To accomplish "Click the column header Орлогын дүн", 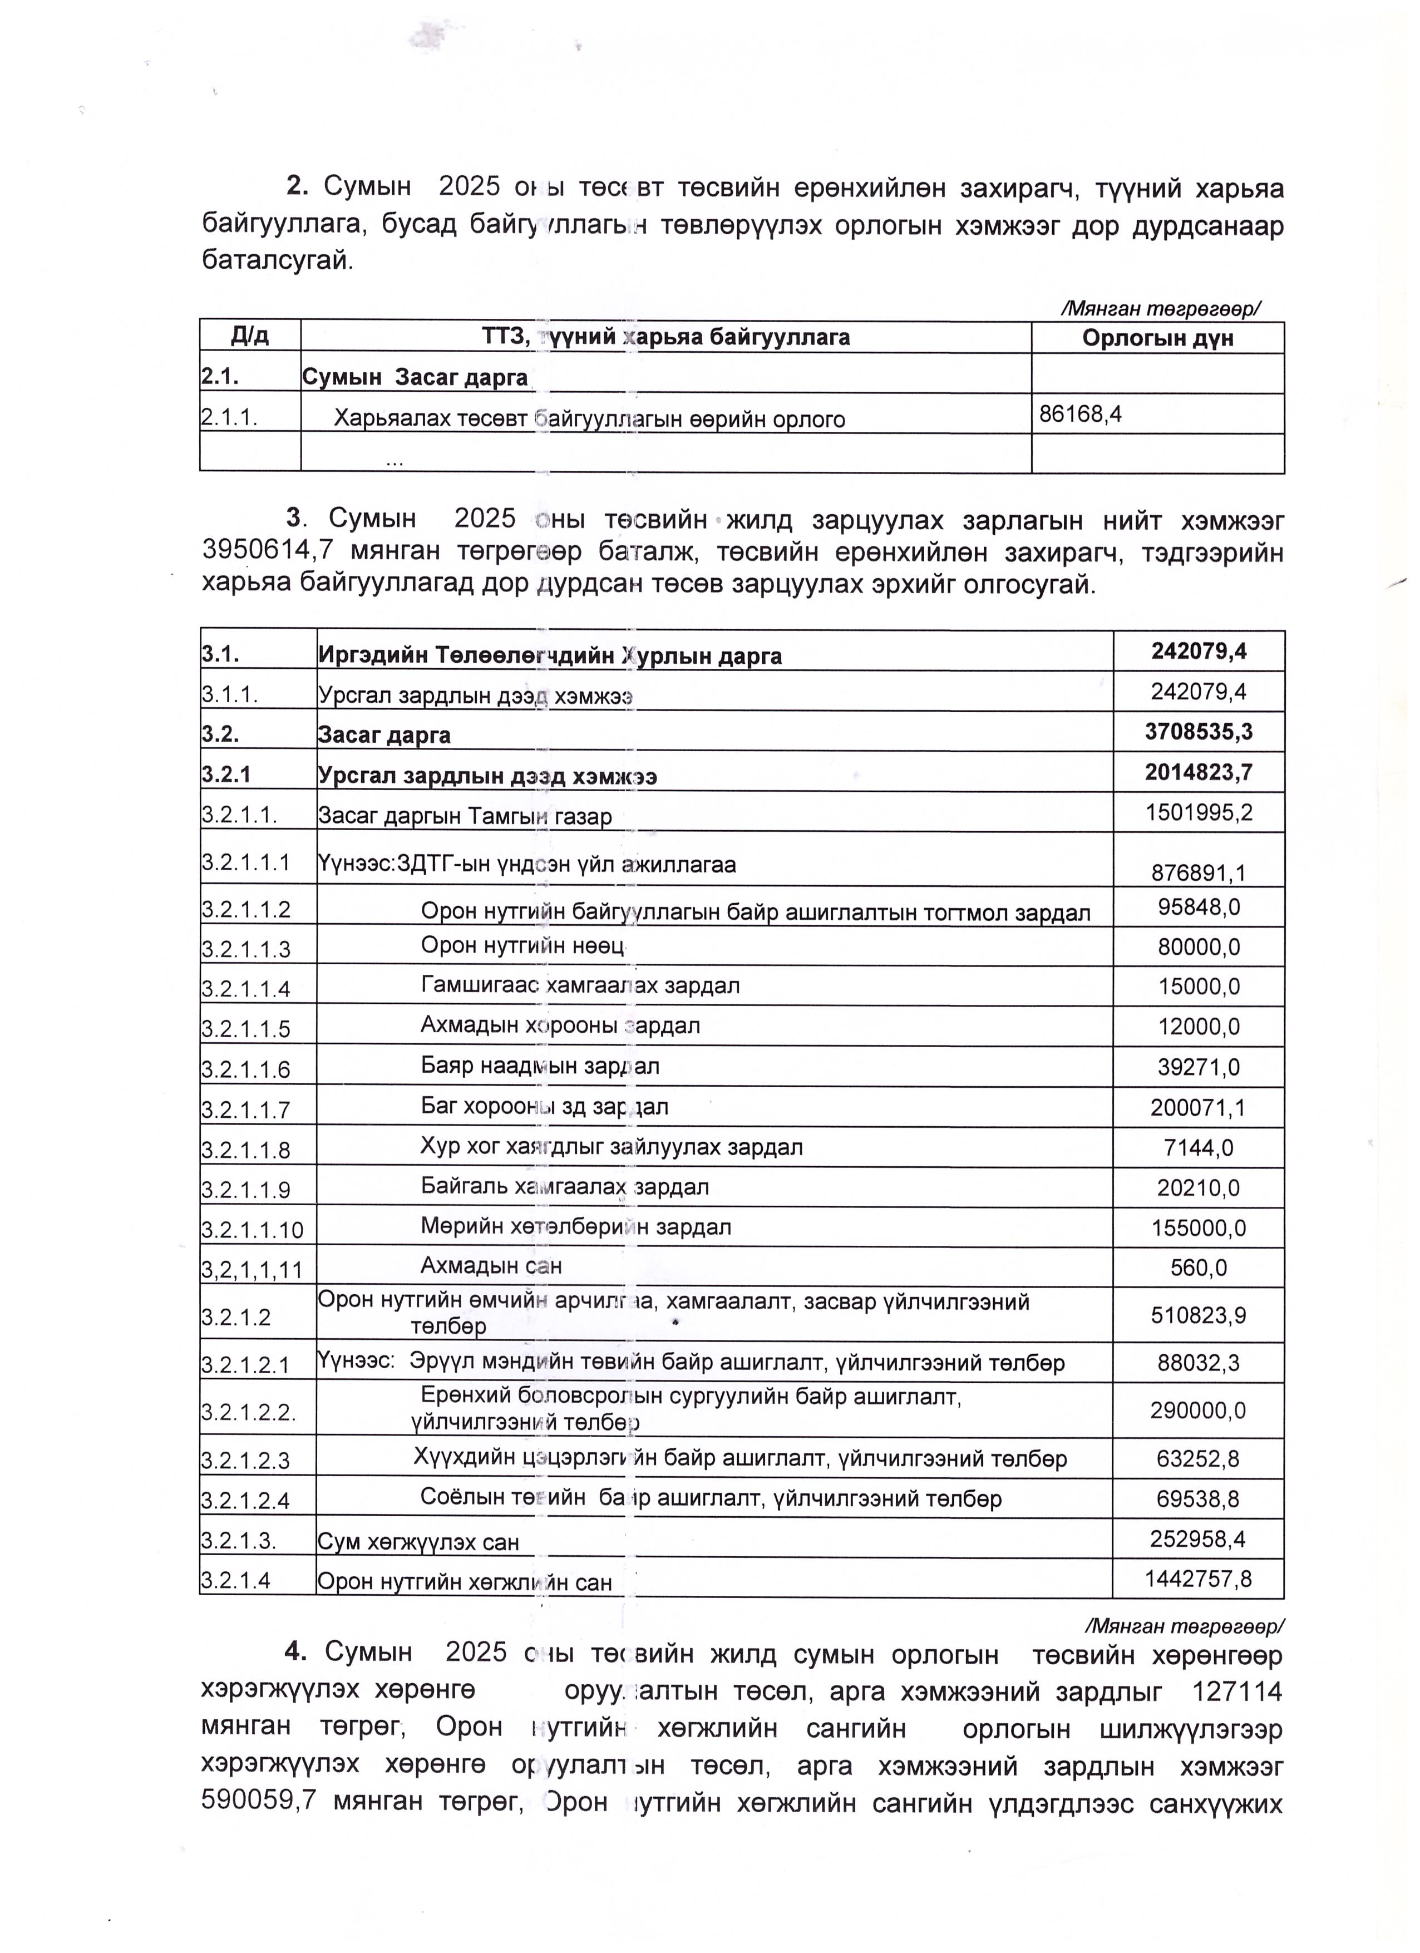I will [1157, 338].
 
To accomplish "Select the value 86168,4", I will [1080, 414].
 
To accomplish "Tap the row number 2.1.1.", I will [229, 418].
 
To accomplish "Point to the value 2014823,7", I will [1199, 772].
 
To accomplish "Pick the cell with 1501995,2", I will [1199, 812].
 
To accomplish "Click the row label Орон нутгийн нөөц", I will [522, 945].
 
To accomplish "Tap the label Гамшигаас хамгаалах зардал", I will [580, 985].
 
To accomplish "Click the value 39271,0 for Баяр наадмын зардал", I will [1199, 1068].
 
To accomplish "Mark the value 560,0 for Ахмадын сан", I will [1199, 1268].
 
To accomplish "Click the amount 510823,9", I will [1198, 1315].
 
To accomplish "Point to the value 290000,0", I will [1198, 1410].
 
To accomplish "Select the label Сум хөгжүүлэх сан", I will [418, 1542].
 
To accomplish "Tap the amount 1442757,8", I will [1198, 1579].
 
